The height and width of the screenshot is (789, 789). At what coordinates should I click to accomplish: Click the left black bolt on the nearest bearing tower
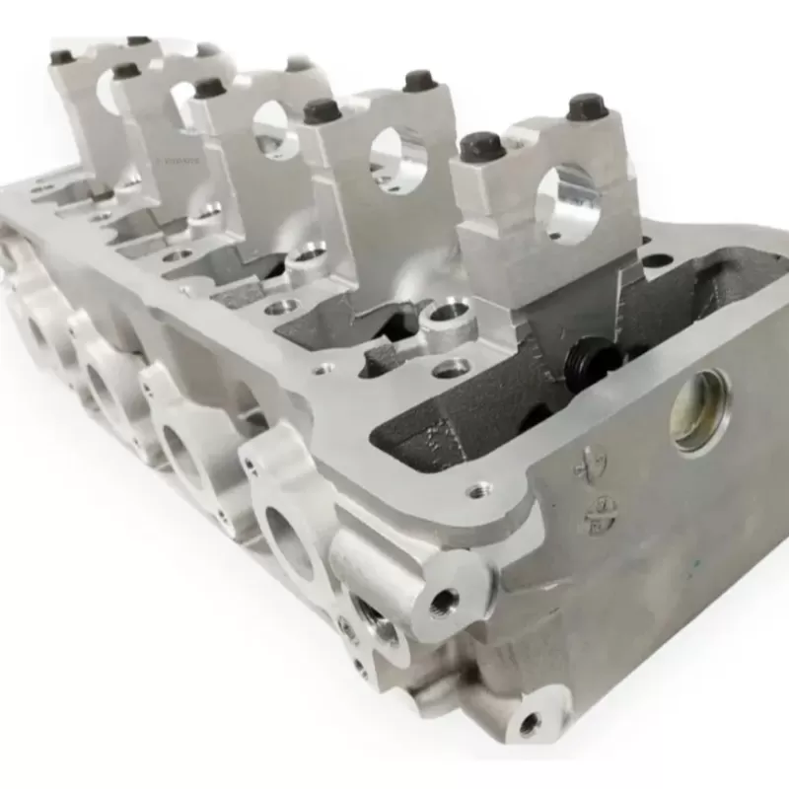(482, 146)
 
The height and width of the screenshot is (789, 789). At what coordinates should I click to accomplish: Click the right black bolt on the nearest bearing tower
(586, 106)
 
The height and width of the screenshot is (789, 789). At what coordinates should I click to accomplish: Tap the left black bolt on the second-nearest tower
(323, 110)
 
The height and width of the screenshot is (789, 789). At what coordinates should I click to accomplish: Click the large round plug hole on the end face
(701, 410)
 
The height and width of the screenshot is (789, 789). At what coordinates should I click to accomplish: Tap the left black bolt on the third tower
(209, 88)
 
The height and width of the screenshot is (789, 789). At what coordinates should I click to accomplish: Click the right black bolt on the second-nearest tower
(420, 81)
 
